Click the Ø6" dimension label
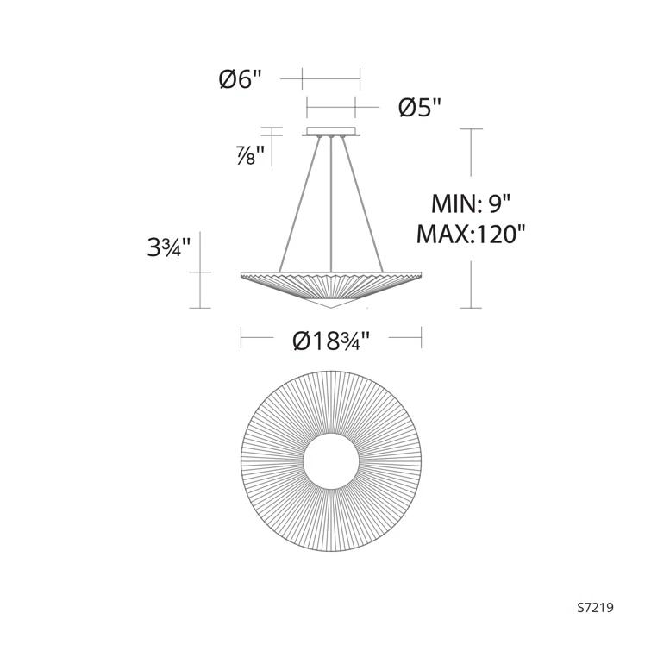click(x=241, y=78)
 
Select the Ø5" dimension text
click(x=419, y=108)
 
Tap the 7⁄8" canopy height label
click(x=251, y=155)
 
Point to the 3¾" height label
click(x=168, y=247)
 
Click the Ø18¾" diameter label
click(x=331, y=341)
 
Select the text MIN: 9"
click(x=471, y=203)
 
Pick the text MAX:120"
click(x=471, y=235)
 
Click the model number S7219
click(x=595, y=608)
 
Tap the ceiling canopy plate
click(x=331, y=131)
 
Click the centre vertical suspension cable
click(x=331, y=204)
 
